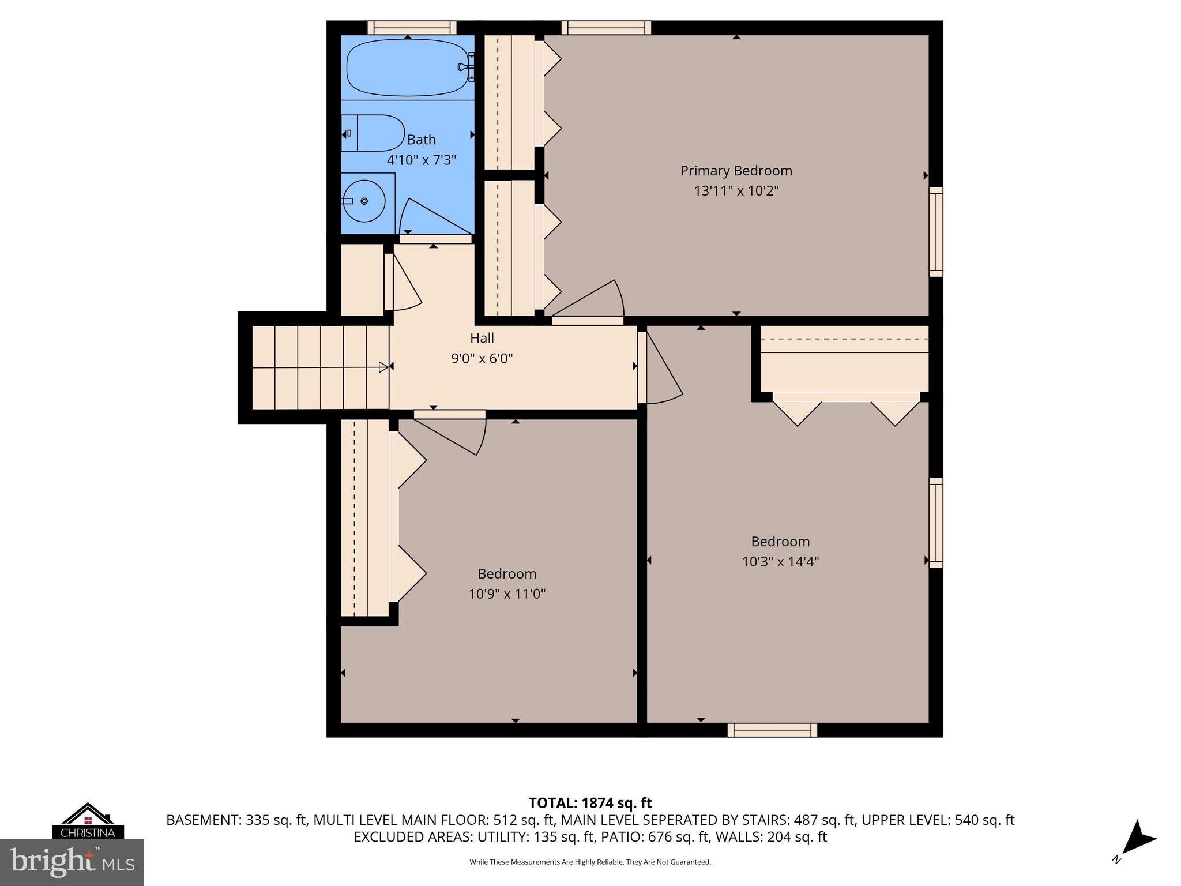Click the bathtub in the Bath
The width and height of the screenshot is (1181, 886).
point(407,67)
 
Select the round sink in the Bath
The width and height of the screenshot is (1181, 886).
point(363,201)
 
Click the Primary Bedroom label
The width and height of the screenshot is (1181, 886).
point(736,171)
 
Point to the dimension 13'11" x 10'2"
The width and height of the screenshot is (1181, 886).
point(736,191)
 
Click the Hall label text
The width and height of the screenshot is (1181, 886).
point(482,338)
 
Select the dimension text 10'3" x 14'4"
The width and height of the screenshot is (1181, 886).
point(780,562)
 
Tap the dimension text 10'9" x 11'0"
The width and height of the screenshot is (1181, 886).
point(507,594)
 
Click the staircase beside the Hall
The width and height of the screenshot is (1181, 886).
point(321,367)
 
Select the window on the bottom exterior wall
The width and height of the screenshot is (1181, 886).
point(772,730)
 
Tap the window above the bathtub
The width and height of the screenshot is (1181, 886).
point(412,28)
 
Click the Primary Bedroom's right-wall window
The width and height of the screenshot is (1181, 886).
point(935,232)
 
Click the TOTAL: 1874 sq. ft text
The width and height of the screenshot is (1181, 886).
point(590,803)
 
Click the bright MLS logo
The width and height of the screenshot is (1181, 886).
point(72,862)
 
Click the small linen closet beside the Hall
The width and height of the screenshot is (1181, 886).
point(362,280)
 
